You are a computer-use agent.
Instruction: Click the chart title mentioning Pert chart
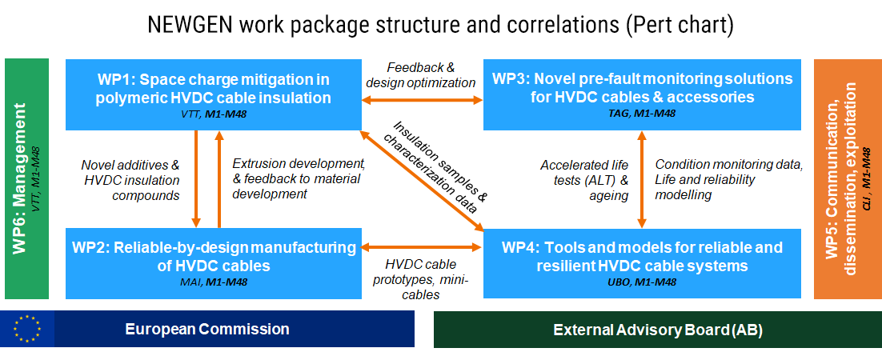pos(441,25)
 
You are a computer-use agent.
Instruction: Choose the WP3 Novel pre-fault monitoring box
pos(642,93)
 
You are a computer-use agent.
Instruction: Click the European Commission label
pos(207,329)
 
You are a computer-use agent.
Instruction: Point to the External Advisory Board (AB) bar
pos(657,330)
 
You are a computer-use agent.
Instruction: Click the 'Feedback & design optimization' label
pos(420,75)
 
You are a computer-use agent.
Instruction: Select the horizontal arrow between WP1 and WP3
pos(422,100)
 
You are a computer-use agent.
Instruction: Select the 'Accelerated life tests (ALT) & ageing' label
pos(584,180)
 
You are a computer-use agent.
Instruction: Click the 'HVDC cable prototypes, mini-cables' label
pos(421,278)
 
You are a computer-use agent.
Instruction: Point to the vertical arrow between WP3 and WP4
pos(641,179)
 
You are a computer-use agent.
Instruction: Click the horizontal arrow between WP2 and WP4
pos(422,247)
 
